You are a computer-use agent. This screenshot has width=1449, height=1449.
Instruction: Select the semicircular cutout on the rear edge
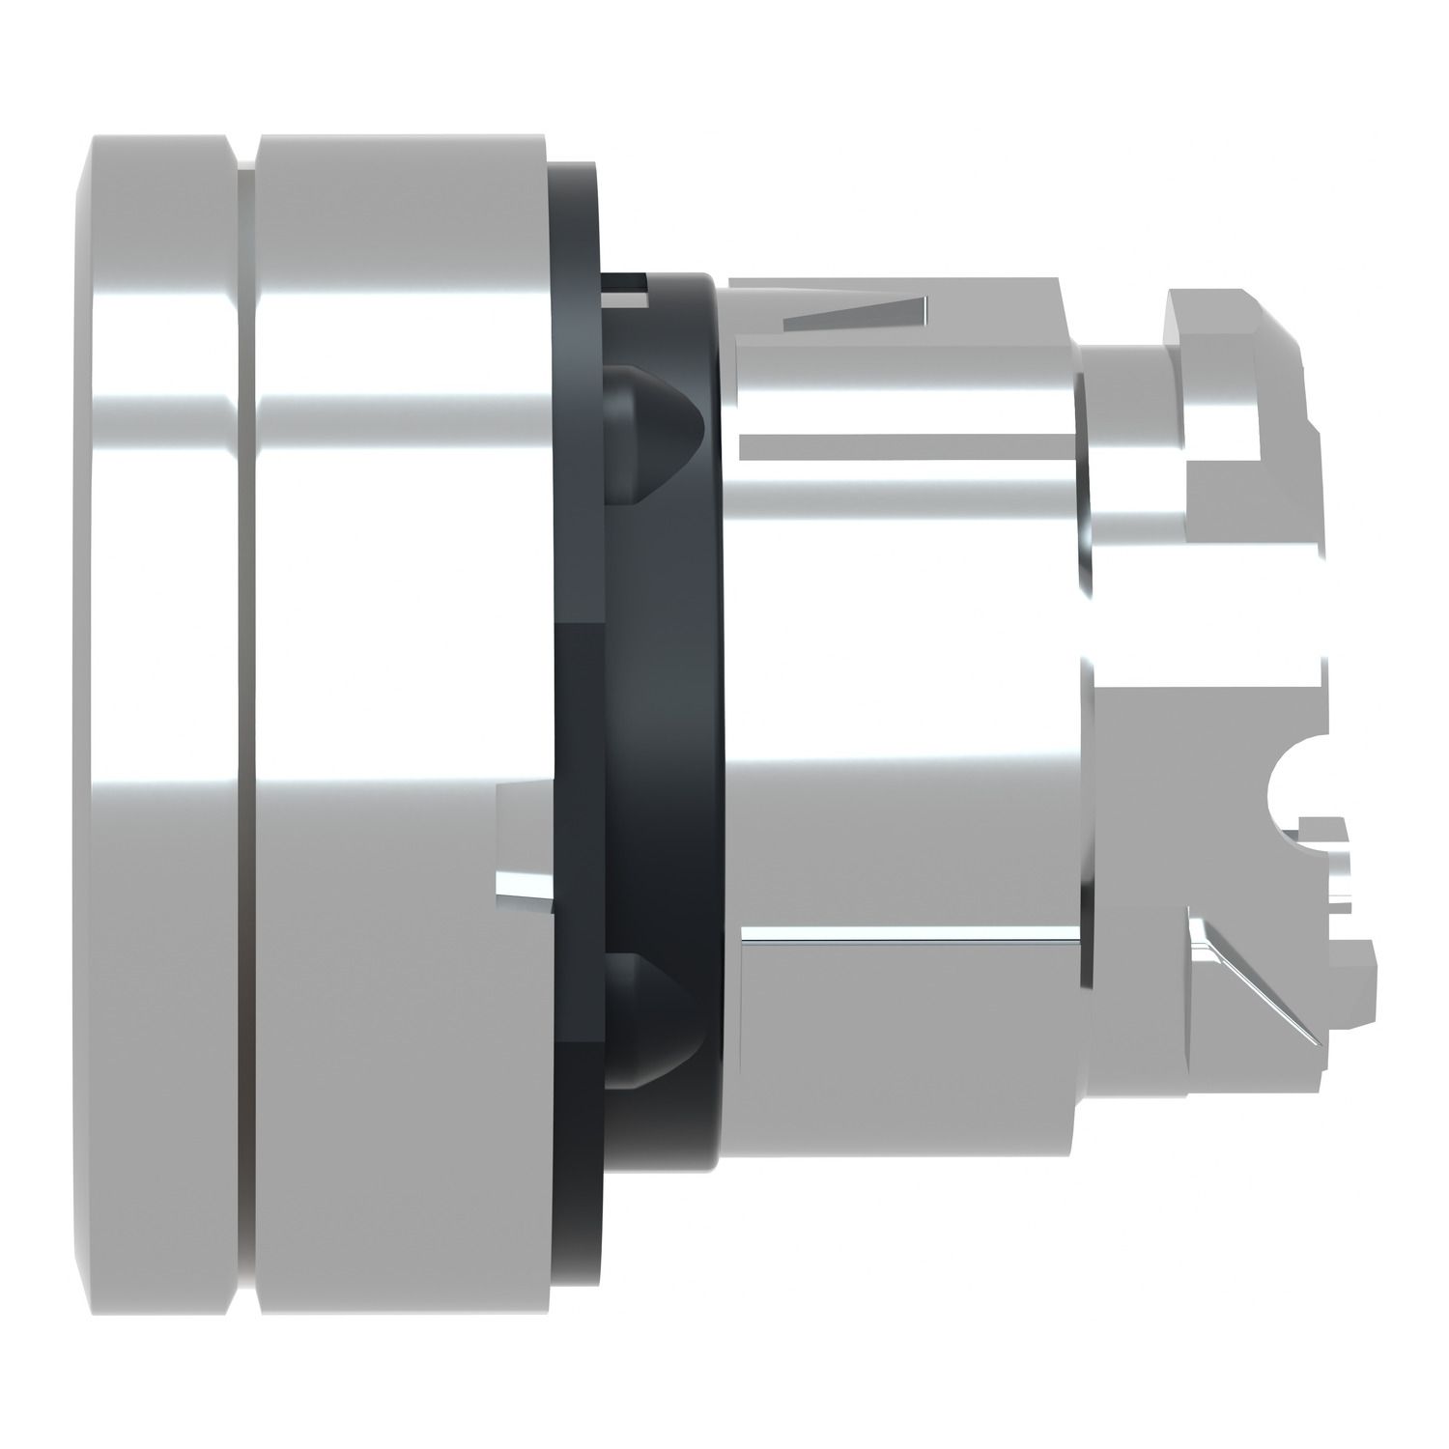pos(1290,782)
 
